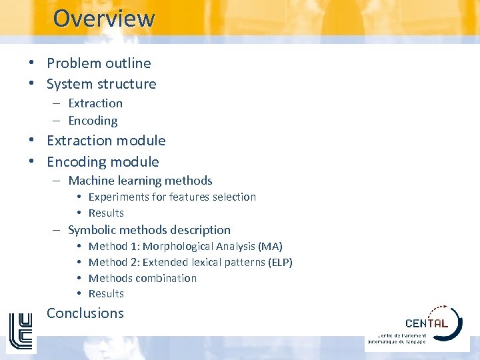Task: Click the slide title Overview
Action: click(x=103, y=18)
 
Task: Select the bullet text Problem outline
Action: click(x=99, y=63)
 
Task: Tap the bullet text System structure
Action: click(x=101, y=84)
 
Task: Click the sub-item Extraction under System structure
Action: click(x=95, y=103)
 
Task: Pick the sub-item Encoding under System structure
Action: click(x=93, y=121)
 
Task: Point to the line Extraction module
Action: click(x=106, y=141)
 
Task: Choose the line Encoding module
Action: click(x=103, y=162)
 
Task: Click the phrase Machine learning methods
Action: click(x=140, y=181)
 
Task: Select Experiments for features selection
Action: click(x=172, y=197)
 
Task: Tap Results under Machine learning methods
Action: click(x=106, y=213)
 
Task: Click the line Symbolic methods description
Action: click(x=149, y=230)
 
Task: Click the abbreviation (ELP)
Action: click(x=280, y=262)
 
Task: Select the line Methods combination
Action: click(x=143, y=278)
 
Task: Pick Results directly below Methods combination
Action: click(x=106, y=293)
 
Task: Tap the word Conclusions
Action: click(x=85, y=313)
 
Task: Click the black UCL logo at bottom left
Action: click(x=20, y=331)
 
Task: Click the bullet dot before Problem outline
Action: click(x=32, y=63)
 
